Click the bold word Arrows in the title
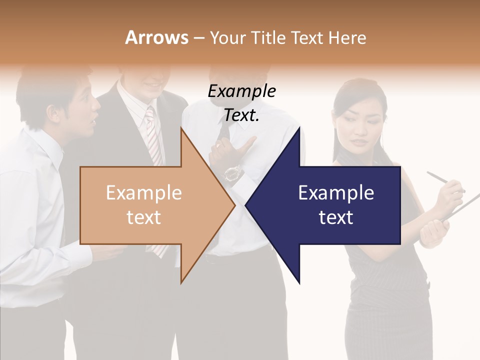click(x=156, y=37)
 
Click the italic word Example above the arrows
click(x=241, y=91)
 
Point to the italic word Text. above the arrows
click(x=241, y=115)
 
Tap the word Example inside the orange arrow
click(x=144, y=193)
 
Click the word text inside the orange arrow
click(x=144, y=217)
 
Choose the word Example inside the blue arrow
click(x=336, y=193)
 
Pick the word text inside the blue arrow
click(x=336, y=217)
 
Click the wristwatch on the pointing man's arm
click(x=233, y=173)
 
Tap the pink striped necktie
click(x=152, y=135)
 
